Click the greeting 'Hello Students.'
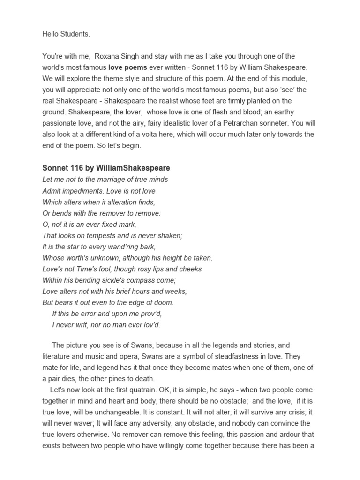pos(66,34)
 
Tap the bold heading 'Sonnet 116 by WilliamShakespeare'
pos(106,168)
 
